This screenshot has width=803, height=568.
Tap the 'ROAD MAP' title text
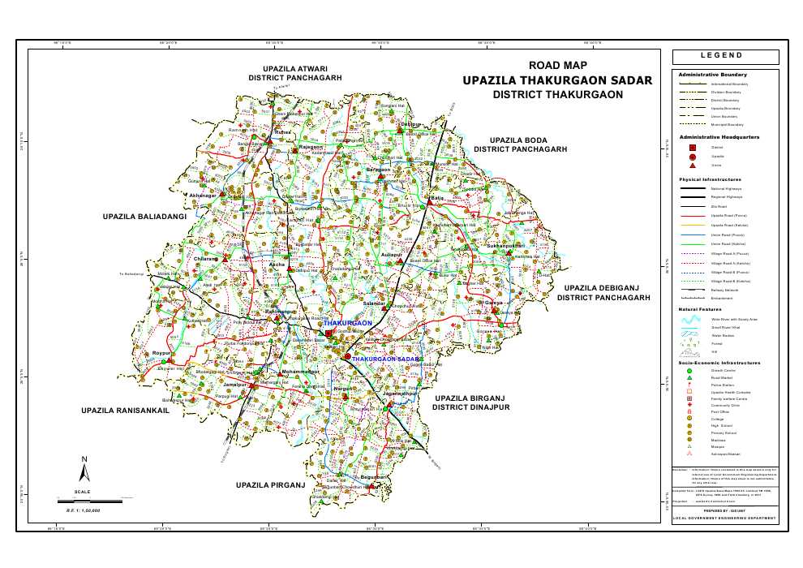(557, 66)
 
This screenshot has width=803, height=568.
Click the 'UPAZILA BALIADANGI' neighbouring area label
(144, 217)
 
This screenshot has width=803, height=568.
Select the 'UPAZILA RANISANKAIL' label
(124, 411)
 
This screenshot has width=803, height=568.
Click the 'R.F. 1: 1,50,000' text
(82, 510)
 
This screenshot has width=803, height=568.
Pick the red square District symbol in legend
(692, 147)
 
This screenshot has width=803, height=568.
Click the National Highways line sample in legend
(692, 188)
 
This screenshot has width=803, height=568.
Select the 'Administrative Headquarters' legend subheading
(719, 137)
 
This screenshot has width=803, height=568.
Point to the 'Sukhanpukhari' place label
(507, 245)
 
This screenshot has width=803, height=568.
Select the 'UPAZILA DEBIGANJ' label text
(603, 288)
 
